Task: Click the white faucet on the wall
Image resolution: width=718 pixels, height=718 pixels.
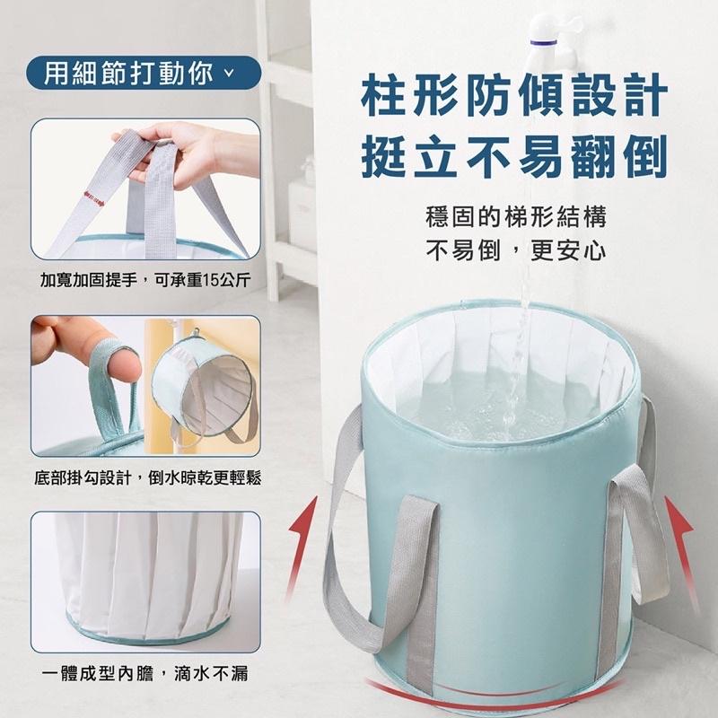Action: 553,42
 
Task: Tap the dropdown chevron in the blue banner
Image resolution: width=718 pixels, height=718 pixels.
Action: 230,73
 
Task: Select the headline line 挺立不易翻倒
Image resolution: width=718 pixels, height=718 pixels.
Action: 513,156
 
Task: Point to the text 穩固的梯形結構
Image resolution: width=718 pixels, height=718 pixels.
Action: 516,217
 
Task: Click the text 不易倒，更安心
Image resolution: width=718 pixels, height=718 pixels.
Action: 516,250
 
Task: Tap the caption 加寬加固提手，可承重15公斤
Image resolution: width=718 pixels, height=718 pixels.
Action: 145,280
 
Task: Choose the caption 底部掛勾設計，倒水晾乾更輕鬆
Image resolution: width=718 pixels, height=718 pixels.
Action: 147,477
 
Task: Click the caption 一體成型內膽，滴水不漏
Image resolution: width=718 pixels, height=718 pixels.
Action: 144,673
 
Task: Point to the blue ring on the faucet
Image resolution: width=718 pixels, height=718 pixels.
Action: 544,42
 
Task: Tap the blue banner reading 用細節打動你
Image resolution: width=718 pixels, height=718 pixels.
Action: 144,73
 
